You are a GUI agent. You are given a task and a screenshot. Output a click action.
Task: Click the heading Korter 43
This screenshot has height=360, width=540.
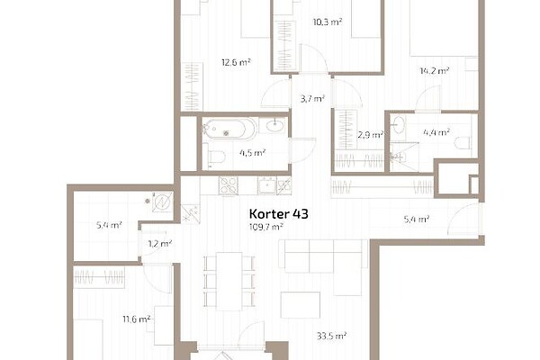tap(279, 214)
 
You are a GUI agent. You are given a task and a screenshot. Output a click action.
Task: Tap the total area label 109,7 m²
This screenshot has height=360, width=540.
tap(265, 227)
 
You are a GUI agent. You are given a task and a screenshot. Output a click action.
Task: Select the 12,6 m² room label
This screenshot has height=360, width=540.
tap(236, 63)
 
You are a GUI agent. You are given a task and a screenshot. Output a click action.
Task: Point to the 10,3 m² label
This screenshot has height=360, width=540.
tap(328, 22)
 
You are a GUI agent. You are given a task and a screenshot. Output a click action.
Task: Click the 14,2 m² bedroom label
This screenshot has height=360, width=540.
tap(435, 71)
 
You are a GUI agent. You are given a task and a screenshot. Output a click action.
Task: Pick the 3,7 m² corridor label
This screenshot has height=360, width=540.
tap(312, 99)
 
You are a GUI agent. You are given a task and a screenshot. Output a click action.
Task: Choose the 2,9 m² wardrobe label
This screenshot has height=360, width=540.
tap(371, 135)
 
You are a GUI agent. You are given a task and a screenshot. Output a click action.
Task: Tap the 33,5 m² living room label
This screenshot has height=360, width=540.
tap(331, 336)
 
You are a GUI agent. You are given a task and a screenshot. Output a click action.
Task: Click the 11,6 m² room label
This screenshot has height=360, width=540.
tap(137, 319)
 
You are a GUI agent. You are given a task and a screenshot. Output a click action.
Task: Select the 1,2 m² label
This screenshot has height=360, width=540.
tap(160, 244)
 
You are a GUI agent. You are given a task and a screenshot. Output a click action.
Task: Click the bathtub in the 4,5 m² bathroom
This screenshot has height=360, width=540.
tap(229, 129)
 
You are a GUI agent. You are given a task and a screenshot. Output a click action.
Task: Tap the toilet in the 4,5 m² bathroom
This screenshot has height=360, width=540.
tap(214, 157)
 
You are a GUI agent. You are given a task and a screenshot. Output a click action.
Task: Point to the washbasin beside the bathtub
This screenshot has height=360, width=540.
tap(275, 125)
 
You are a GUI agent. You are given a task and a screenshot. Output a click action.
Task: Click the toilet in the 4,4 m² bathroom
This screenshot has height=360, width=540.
tap(462, 143)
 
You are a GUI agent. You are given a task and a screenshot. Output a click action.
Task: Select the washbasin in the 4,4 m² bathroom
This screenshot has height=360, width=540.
tap(399, 124)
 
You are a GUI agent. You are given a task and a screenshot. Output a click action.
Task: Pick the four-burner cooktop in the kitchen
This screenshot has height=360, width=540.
tap(228, 185)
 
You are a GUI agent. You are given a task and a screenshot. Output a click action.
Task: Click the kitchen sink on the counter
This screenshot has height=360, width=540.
tap(267, 185)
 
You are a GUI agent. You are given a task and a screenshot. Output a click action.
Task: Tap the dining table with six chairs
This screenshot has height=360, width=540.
tap(229, 282)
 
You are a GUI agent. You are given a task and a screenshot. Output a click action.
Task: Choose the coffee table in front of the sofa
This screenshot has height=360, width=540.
tap(301, 305)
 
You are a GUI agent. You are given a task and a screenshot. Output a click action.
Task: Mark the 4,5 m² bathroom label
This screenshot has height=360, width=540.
tap(252, 153)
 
